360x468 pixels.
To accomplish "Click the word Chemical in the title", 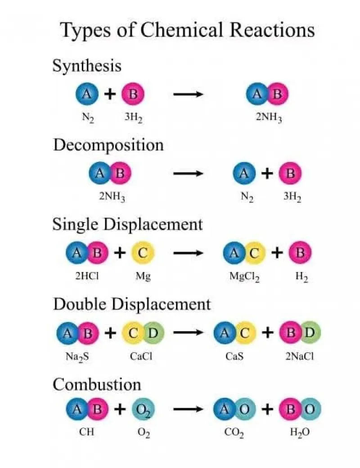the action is pyautogui.click(x=181, y=30).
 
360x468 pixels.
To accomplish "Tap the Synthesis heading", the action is pyautogui.click(x=87, y=66).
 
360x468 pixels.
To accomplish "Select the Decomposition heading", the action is pyautogui.click(x=108, y=146).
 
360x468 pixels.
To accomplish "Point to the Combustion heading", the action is pyautogui.click(x=97, y=384).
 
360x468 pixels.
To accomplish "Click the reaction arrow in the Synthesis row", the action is pyautogui.click(x=188, y=94).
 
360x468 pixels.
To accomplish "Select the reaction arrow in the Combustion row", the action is pyautogui.click(x=188, y=409).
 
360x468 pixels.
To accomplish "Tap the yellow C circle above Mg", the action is pyautogui.click(x=143, y=253).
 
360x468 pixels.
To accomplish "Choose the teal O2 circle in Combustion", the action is pyautogui.click(x=144, y=409).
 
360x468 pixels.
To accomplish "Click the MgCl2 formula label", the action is pyautogui.click(x=244, y=276).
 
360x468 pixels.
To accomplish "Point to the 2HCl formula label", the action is pyautogui.click(x=87, y=276).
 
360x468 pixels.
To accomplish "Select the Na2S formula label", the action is pyautogui.click(x=77, y=357).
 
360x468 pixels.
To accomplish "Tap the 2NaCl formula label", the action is pyautogui.click(x=300, y=356).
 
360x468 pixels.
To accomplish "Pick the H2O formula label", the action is pyautogui.click(x=300, y=432).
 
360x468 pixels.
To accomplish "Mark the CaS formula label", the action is pyautogui.click(x=234, y=356).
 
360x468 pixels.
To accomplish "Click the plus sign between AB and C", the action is pyautogui.click(x=120, y=253).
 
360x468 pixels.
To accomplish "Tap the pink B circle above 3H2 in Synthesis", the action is pyautogui.click(x=133, y=94).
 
